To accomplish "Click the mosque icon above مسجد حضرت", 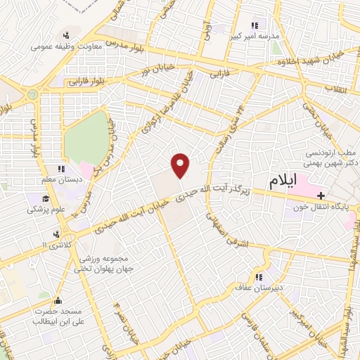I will pyautogui.click(x=57, y=298).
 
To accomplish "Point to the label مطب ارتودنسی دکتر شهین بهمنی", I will pyautogui.click(x=332, y=158).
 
